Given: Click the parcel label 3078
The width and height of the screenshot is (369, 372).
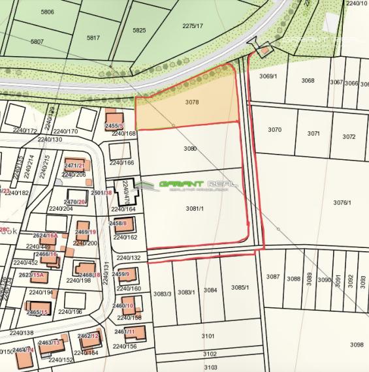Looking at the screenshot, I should [x=191, y=102].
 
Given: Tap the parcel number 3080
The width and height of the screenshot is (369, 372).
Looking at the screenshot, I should [x=190, y=149].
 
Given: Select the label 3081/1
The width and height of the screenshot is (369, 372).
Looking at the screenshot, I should [x=195, y=208].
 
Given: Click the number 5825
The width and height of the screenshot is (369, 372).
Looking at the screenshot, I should [x=139, y=30].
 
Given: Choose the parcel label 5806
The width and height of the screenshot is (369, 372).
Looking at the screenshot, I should [x=47, y=12].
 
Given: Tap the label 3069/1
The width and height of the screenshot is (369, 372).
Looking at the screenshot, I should [x=268, y=76].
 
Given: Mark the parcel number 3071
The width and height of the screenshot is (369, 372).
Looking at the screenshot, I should [x=313, y=133].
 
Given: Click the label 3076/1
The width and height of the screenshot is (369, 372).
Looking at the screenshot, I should [x=342, y=203].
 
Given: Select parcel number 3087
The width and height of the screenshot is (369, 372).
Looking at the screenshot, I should [x=273, y=277].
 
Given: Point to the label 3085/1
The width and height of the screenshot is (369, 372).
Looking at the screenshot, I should [x=240, y=288].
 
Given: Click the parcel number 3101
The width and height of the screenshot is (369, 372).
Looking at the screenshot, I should [x=208, y=336].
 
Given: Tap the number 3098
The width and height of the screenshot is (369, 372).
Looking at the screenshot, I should [x=356, y=345].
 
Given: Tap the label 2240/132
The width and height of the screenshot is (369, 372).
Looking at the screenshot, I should [x=129, y=258].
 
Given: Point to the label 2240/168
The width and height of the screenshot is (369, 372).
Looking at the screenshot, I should [x=123, y=133].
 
